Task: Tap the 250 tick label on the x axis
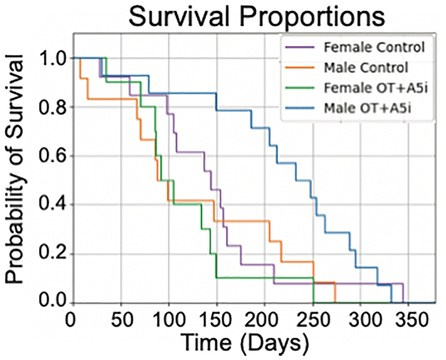pyautogui.click(x=313, y=318)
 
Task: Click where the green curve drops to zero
pyautogui.click(x=313, y=302)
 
